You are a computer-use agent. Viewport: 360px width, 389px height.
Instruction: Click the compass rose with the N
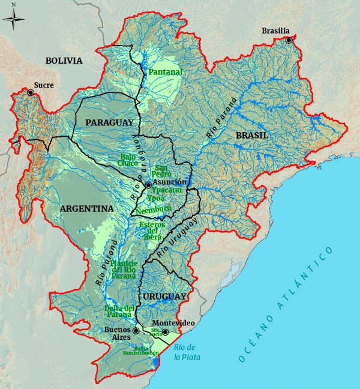click(14, 20)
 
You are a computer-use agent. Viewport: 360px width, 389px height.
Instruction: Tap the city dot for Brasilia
click(289, 40)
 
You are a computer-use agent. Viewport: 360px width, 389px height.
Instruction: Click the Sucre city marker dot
click(31, 92)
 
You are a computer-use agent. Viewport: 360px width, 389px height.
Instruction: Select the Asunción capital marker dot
click(148, 185)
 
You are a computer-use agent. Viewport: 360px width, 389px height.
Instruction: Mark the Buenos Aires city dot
click(136, 330)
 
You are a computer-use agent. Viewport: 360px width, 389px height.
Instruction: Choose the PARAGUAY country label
click(109, 122)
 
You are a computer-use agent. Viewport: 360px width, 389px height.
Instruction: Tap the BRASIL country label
click(251, 136)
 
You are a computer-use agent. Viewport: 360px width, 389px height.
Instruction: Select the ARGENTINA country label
click(86, 208)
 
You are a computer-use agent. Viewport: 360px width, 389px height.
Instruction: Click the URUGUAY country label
click(165, 297)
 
